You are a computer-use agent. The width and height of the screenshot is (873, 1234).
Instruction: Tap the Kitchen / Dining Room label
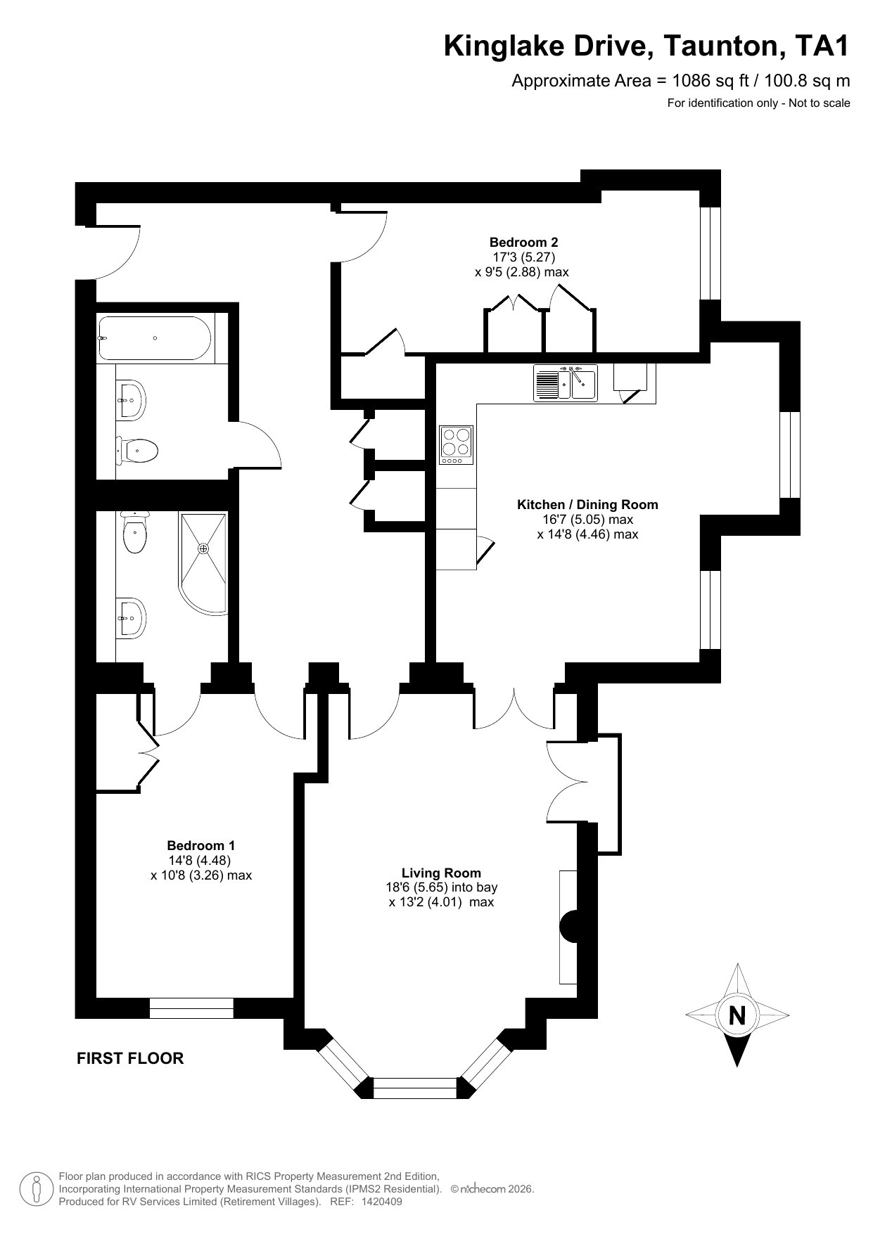(587, 504)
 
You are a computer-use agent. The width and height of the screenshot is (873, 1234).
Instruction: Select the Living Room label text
(441, 873)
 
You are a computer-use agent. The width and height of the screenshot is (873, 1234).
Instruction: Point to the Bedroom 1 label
(201, 845)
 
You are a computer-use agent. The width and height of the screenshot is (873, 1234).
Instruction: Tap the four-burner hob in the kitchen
(455, 445)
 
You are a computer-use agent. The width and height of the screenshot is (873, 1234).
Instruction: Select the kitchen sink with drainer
(566, 383)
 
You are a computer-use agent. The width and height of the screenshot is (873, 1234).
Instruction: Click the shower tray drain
(203, 548)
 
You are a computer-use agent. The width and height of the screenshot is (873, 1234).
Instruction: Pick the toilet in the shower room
(134, 534)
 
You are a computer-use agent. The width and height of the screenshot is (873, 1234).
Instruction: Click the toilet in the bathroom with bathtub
(136, 450)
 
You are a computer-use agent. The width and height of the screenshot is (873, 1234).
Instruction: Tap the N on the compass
(737, 1016)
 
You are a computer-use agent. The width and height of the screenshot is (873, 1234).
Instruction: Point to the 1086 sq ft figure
(699, 81)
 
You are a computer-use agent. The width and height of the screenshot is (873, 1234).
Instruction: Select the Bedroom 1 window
(191, 1008)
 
